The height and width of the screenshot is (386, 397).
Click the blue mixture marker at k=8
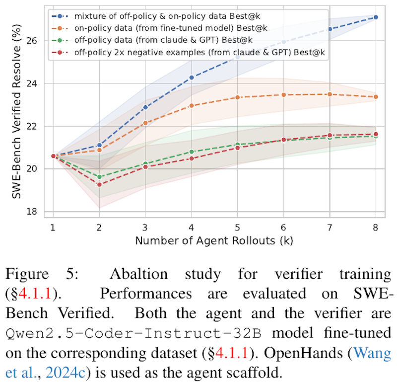coord(376,17)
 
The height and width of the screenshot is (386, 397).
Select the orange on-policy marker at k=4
coord(191,106)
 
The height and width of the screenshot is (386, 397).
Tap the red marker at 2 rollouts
coord(99,185)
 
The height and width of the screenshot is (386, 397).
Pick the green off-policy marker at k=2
coord(99,177)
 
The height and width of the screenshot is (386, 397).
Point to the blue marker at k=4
coord(191,77)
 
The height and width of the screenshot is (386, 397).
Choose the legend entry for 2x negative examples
coord(198,53)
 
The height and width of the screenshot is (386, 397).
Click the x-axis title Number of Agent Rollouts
coord(214,241)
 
